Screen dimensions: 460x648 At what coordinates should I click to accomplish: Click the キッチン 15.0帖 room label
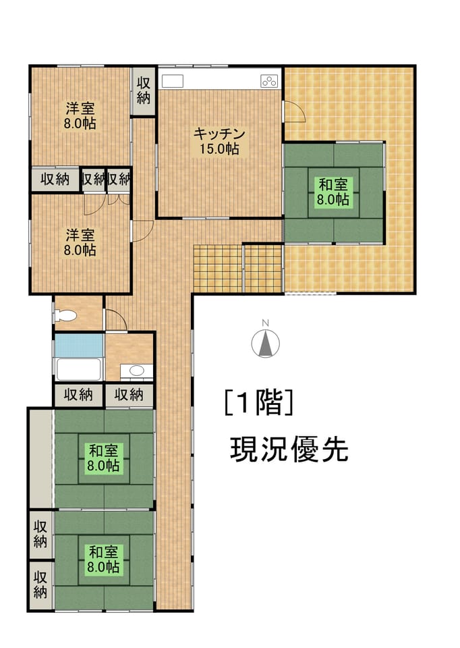[220, 141]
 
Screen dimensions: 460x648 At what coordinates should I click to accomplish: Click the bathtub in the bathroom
[78, 369]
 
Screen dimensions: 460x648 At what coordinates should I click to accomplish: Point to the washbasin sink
[136, 371]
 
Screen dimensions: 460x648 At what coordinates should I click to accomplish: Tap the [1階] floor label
[259, 402]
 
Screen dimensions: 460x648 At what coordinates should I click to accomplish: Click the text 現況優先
[289, 450]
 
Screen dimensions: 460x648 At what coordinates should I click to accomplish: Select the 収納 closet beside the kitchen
[143, 91]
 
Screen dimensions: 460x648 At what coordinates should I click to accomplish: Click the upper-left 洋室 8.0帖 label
[80, 116]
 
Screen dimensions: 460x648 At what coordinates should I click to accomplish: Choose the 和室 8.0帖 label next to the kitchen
[333, 191]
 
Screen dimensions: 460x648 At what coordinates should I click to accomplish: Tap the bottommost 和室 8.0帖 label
[103, 559]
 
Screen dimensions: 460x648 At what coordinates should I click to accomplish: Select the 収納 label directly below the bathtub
[78, 395]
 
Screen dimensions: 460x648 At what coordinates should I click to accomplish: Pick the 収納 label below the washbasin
[129, 395]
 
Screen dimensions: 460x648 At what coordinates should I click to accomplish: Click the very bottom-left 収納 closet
[40, 585]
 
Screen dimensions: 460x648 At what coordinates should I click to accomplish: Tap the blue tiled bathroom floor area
[78, 346]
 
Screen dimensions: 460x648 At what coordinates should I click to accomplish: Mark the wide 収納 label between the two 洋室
[55, 180]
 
